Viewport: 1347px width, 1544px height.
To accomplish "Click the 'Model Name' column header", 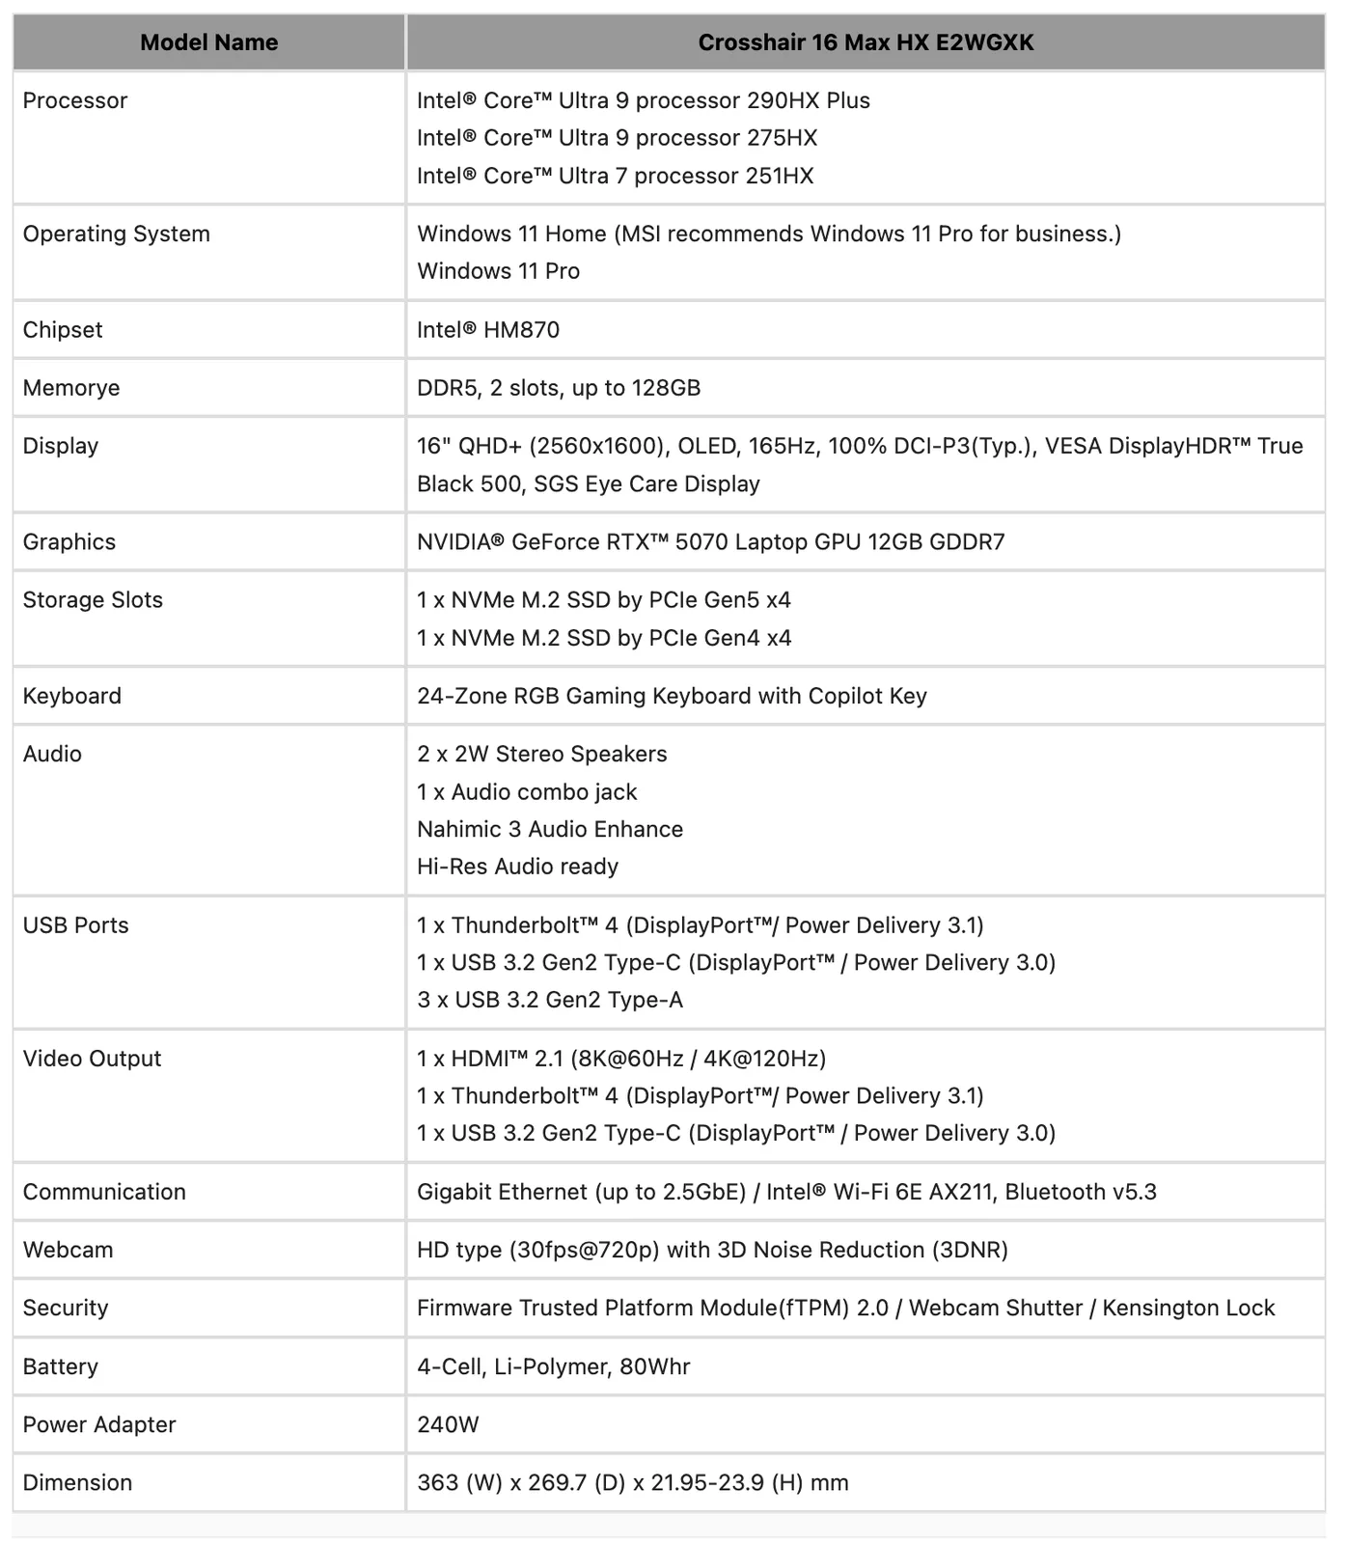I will (x=208, y=42).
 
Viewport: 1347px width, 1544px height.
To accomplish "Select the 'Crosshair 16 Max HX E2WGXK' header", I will (x=866, y=42).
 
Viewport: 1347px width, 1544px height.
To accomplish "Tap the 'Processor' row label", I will (x=75, y=100).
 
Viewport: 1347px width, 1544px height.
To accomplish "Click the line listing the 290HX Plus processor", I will (x=643, y=100).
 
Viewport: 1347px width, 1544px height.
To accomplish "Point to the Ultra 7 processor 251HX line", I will (x=615, y=176).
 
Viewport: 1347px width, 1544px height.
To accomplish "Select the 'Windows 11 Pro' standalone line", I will (x=498, y=271).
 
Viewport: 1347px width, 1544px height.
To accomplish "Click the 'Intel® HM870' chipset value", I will (x=487, y=330).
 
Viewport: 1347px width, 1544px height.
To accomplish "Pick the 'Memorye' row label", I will (x=71, y=388).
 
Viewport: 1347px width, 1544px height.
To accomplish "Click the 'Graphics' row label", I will (x=69, y=542).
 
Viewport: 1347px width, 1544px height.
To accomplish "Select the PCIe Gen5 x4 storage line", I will (x=603, y=600).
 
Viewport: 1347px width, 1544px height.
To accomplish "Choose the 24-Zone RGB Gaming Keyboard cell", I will (x=672, y=697).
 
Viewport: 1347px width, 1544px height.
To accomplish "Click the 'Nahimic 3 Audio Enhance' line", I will (x=549, y=830).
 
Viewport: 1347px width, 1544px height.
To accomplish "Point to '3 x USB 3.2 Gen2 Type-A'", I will (x=549, y=1001).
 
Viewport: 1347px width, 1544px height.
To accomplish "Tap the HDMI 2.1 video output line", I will (x=620, y=1060).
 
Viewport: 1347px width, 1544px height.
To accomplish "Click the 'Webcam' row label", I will (x=68, y=1251).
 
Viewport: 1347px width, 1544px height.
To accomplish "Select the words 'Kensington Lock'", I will (x=1188, y=1309).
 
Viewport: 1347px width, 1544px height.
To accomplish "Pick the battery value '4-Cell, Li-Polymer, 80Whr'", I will (x=553, y=1367).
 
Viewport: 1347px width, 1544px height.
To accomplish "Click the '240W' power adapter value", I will (x=448, y=1425).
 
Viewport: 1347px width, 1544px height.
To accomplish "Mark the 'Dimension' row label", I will (x=77, y=1483).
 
